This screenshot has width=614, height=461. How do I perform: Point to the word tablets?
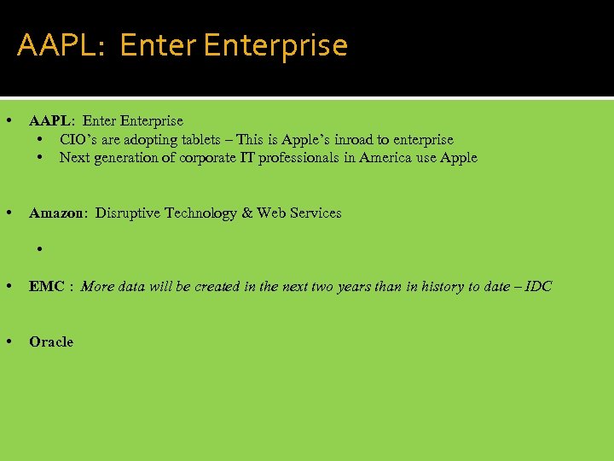point(201,139)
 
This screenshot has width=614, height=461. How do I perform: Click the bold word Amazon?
point(55,213)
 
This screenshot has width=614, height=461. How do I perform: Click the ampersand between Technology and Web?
point(247,213)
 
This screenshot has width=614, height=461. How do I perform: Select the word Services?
point(316,213)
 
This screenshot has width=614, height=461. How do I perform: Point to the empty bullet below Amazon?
point(40,249)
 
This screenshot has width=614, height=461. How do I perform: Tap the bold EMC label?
point(46,286)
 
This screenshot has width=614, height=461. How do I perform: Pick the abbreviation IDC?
point(538,286)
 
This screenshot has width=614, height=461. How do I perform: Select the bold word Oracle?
point(51,341)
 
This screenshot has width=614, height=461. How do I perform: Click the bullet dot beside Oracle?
point(9,341)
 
